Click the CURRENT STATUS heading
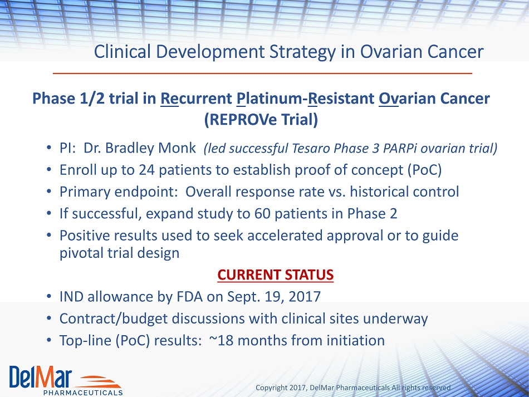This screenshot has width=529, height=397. click(x=275, y=275)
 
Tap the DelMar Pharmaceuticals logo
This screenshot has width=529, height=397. click(x=66, y=380)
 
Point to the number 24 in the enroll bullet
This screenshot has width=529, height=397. click(x=147, y=170)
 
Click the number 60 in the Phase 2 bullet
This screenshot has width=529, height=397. click(x=262, y=213)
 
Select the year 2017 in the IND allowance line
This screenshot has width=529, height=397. click(x=305, y=296)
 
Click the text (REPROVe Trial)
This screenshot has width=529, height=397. click(x=261, y=120)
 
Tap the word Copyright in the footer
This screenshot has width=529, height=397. click(x=269, y=388)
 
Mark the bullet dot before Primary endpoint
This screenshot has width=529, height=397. click(x=49, y=192)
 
